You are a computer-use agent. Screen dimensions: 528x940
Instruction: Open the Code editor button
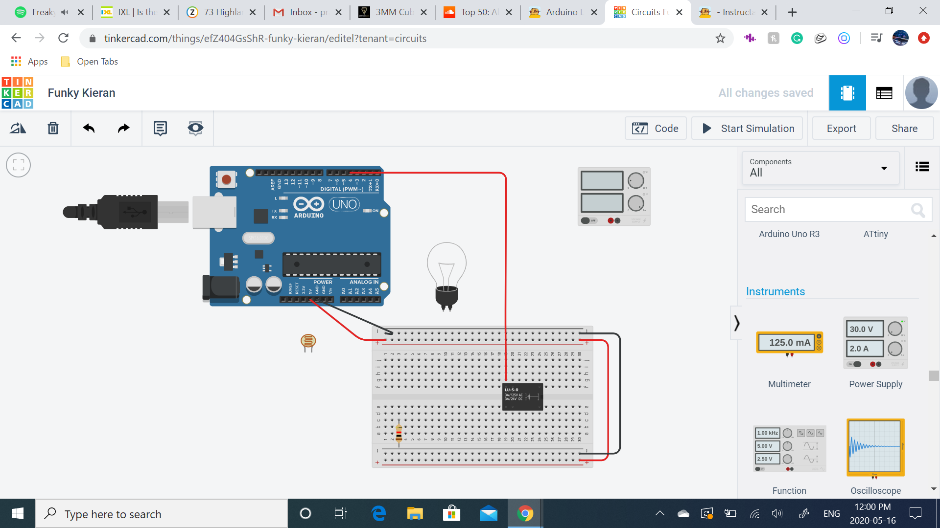tap(656, 129)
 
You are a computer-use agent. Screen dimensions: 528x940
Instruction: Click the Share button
tap(904, 129)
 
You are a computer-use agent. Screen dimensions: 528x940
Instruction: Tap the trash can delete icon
tap(53, 128)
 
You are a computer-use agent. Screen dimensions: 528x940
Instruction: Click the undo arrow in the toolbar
tap(89, 128)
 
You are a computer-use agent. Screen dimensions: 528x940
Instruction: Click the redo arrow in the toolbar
tap(124, 128)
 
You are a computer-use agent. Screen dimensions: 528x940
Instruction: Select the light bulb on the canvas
tap(446, 274)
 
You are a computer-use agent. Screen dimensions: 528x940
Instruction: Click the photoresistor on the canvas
tap(308, 342)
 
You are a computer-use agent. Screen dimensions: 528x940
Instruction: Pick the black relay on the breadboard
tap(523, 396)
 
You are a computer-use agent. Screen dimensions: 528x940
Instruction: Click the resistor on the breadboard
tap(399, 433)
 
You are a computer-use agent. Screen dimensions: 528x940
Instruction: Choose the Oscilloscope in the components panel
tap(875, 447)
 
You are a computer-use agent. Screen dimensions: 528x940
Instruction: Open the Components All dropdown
tap(820, 168)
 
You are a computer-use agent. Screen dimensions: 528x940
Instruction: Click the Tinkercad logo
tap(18, 93)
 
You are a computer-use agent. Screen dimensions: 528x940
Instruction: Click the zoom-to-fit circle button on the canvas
tap(18, 165)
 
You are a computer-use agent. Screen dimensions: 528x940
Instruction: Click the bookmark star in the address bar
tap(720, 38)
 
